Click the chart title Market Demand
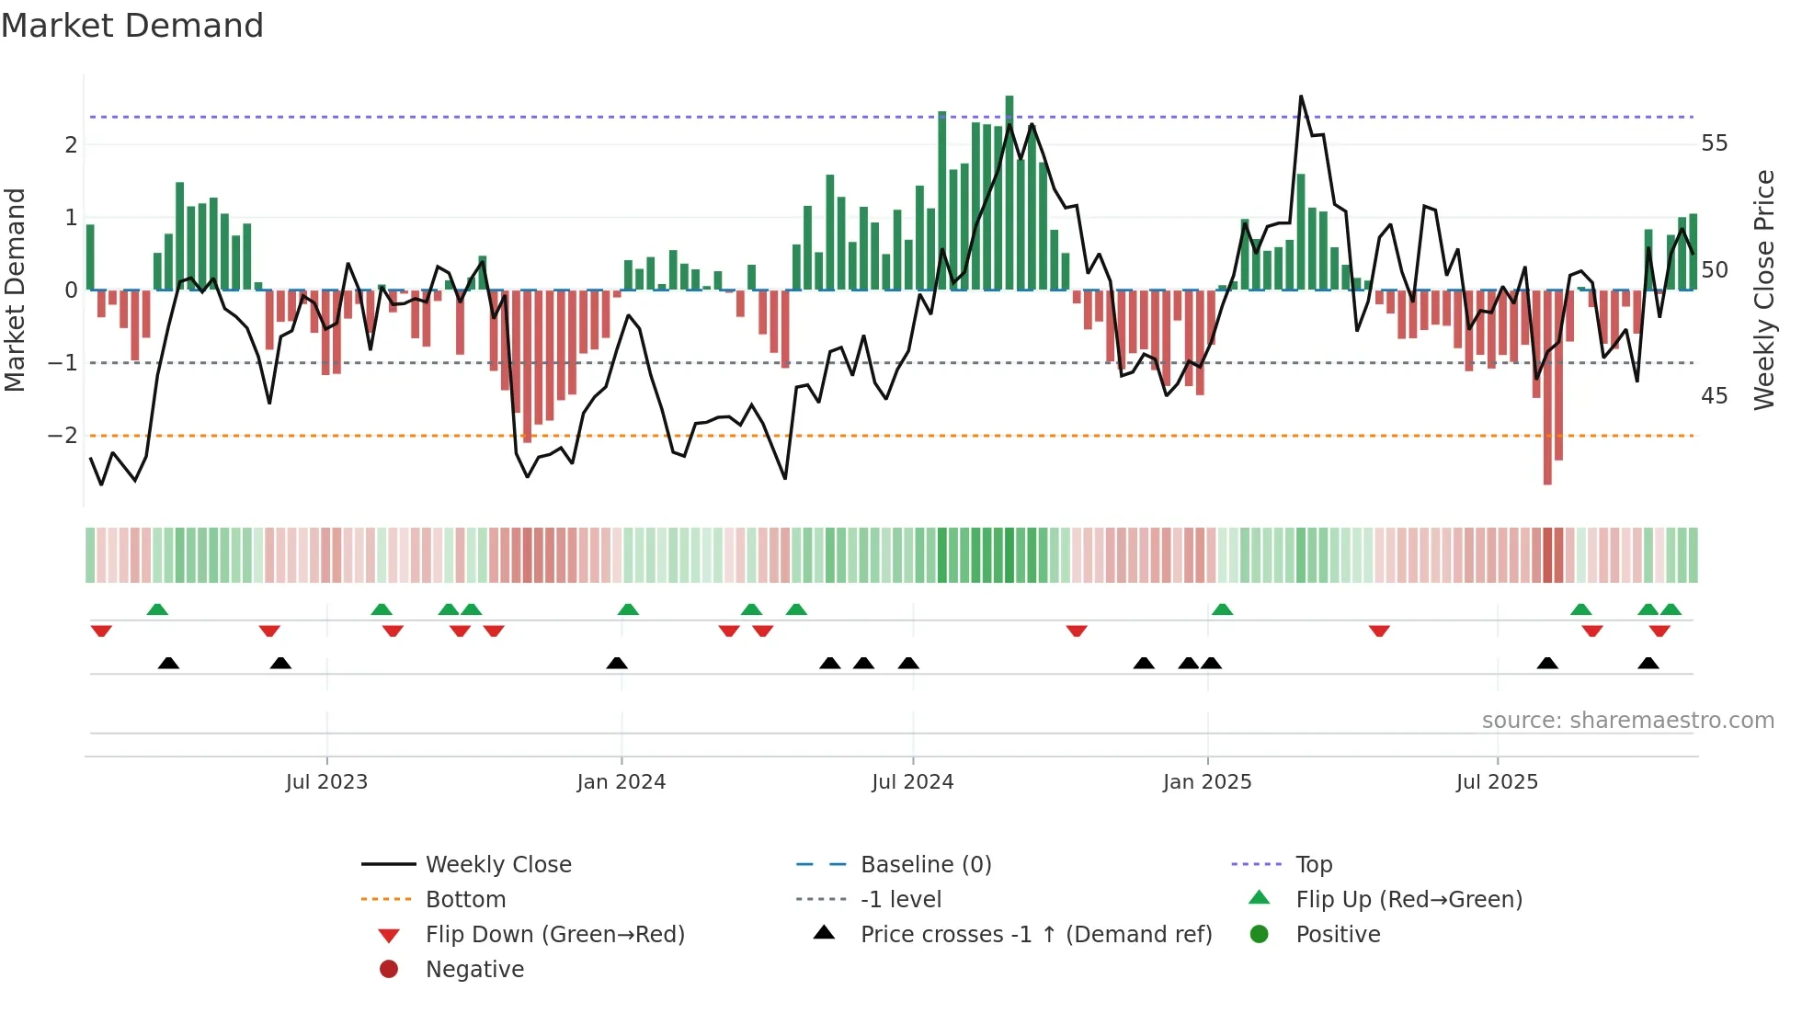click(132, 26)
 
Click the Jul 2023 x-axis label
click(326, 782)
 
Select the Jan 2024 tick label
click(621, 782)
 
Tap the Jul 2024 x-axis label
click(912, 782)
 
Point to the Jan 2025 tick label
click(1206, 782)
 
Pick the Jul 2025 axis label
click(1497, 782)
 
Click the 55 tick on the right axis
click(1714, 143)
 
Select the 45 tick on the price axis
click(1714, 396)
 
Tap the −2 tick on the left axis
click(63, 435)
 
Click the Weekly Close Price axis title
click(1764, 290)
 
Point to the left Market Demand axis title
click(15, 290)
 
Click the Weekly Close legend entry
click(497, 864)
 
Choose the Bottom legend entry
click(465, 899)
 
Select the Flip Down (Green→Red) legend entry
click(554, 934)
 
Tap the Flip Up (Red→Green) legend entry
click(1409, 899)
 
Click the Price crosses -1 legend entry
click(1035, 934)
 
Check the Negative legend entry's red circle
click(389, 969)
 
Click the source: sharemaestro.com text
click(1627, 721)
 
